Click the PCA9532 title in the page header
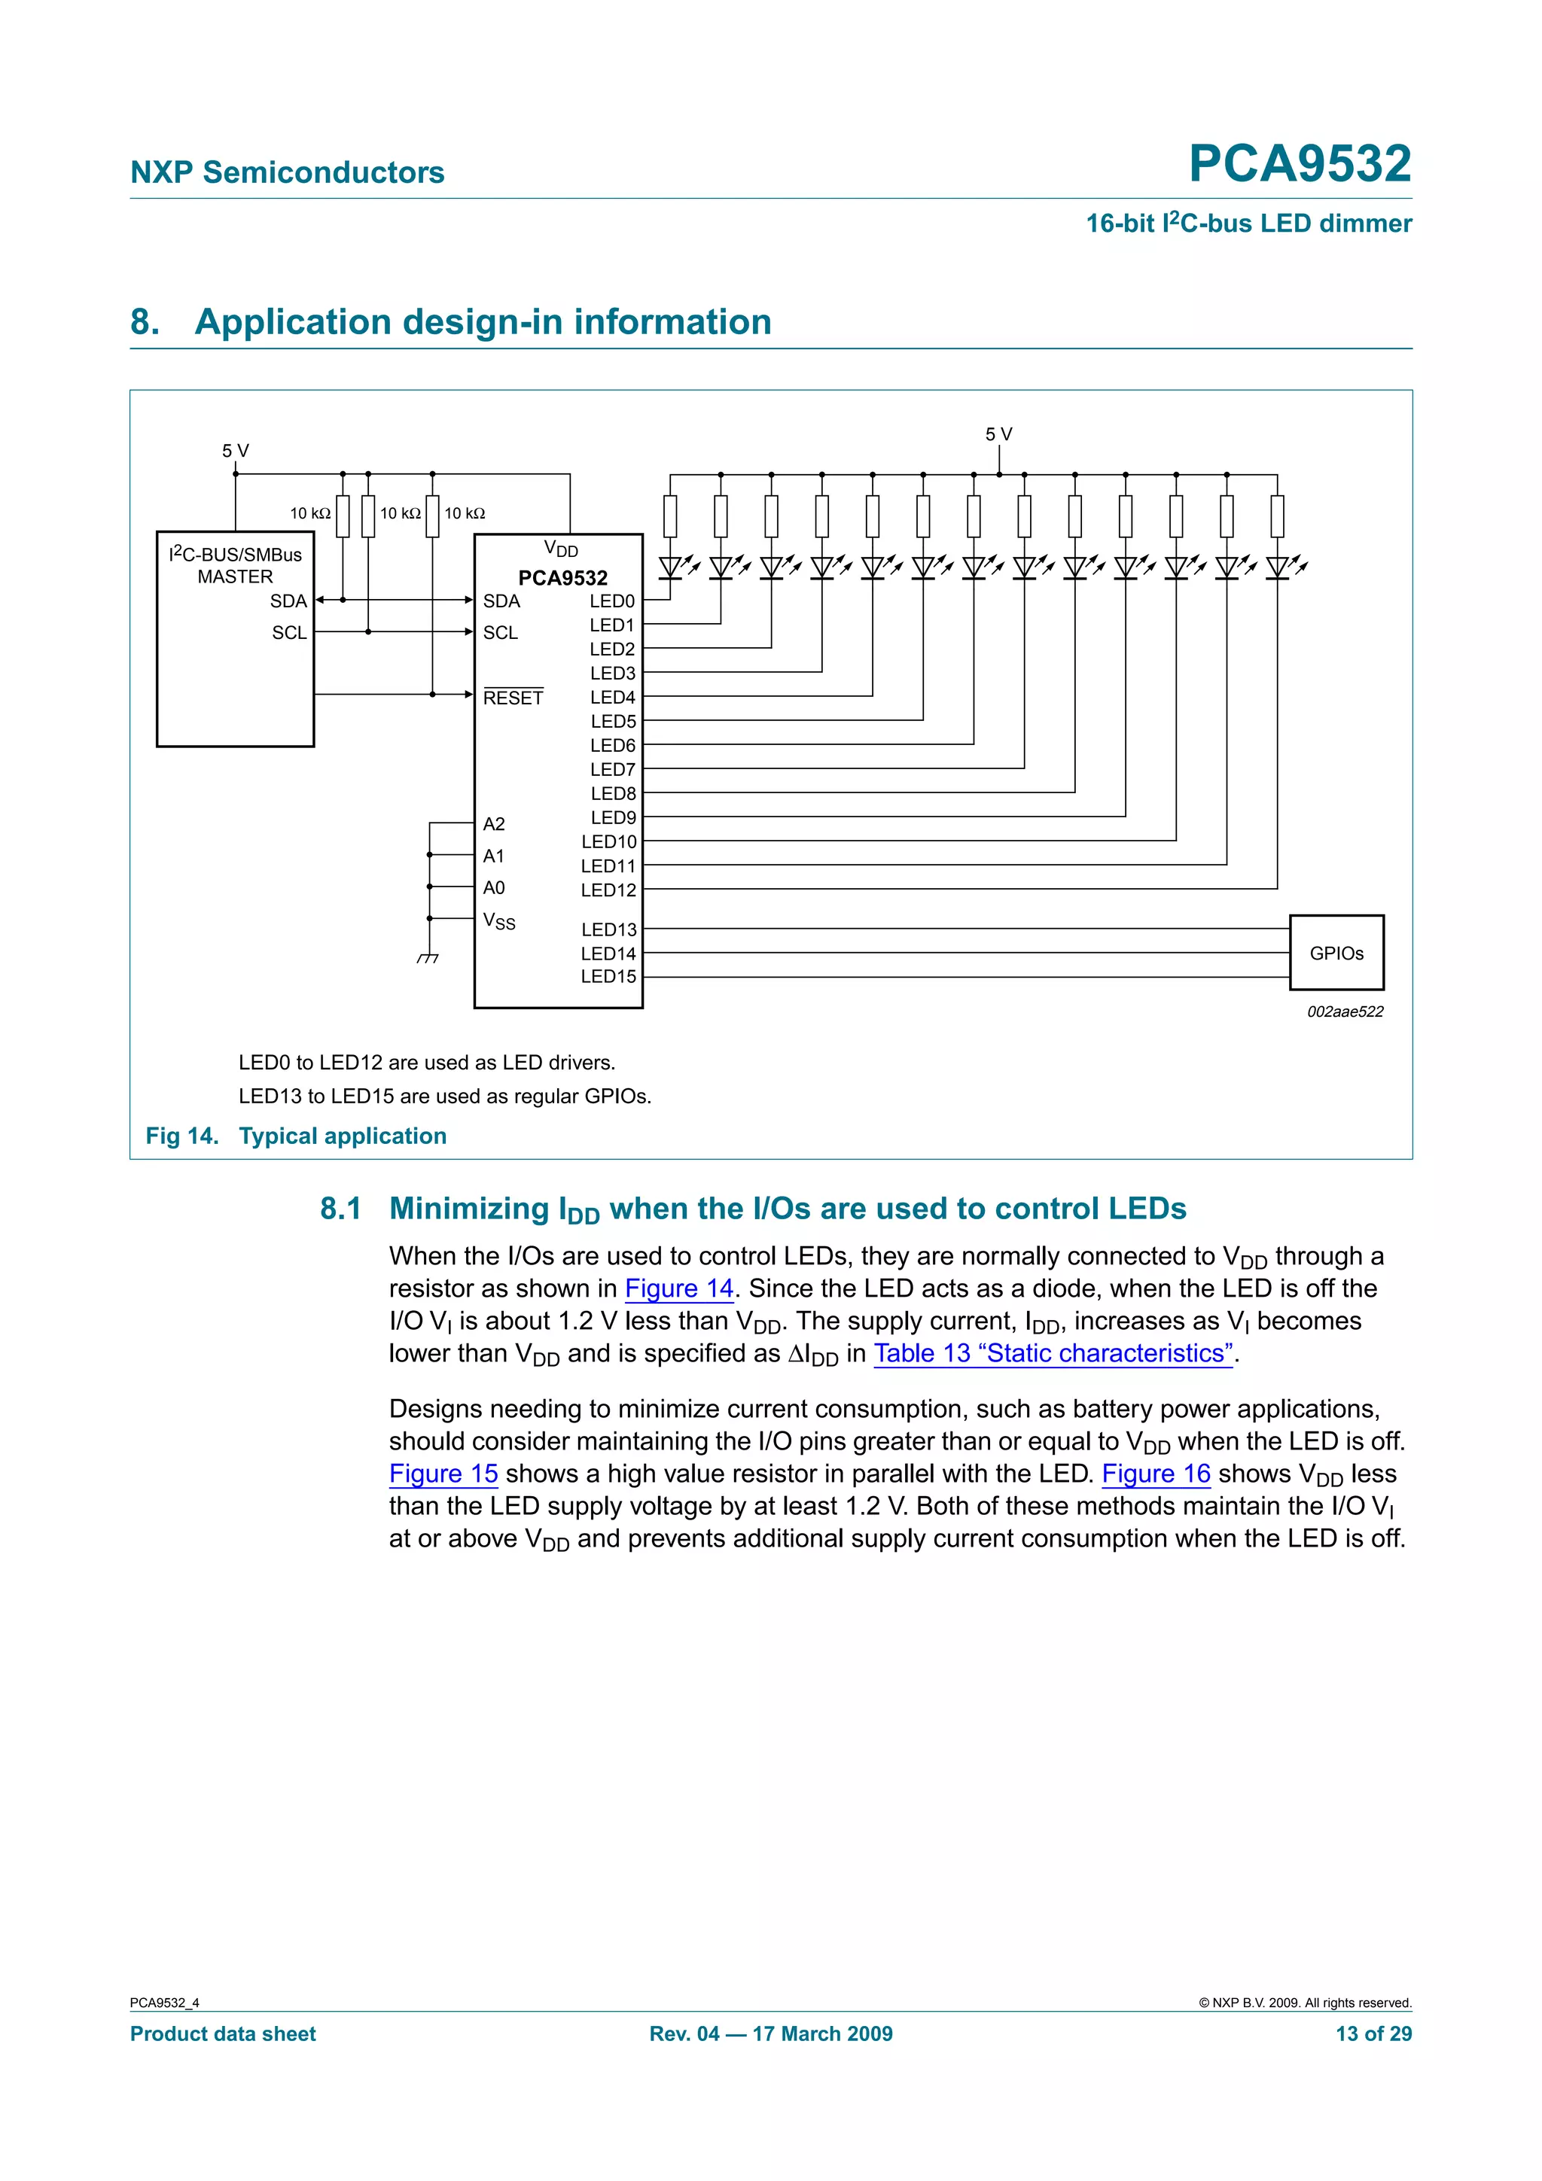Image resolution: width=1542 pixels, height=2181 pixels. pos(1299,163)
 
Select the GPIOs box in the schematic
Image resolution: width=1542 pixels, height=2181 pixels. pos(1336,953)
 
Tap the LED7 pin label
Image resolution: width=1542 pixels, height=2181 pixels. pos(613,769)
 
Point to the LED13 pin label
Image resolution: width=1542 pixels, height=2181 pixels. pos(609,929)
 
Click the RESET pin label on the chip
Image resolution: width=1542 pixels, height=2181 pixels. pos(513,698)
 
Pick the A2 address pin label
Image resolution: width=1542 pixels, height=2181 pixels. pos(493,823)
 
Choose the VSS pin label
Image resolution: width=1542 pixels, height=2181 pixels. pos(498,920)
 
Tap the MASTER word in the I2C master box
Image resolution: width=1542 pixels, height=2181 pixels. pos(235,576)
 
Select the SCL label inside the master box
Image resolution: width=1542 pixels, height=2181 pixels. pos(289,633)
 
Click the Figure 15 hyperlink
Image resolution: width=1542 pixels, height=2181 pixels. pos(443,1474)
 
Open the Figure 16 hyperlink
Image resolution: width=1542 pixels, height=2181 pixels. pos(1155,1474)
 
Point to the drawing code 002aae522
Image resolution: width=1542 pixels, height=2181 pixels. pos(1345,1011)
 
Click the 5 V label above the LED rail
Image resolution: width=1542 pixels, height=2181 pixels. pos(998,434)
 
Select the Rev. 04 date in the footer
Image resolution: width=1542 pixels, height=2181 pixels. pos(770,2033)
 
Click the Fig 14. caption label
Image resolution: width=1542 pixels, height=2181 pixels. pos(181,1136)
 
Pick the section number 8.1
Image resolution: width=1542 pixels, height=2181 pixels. pos(340,1209)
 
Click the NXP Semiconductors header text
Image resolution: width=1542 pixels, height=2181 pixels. pos(287,172)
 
